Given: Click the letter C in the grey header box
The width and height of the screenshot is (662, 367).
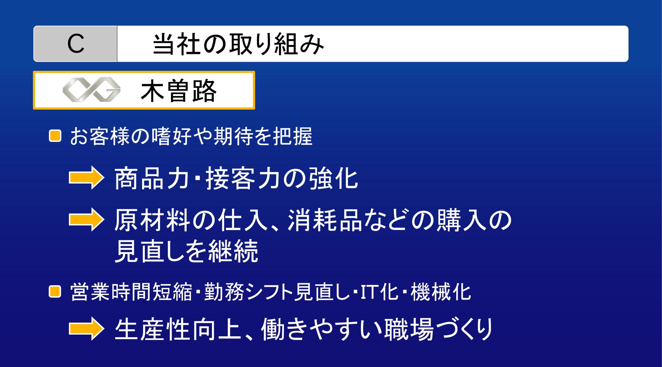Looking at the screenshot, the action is pos(76,44).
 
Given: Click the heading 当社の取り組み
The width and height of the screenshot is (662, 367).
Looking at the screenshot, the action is pos(239,44).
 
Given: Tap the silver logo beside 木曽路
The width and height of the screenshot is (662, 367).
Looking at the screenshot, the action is pos(92,90).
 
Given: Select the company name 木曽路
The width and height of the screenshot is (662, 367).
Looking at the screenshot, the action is pos(178,91).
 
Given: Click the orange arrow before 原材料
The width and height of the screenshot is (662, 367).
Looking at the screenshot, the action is pos(85,221).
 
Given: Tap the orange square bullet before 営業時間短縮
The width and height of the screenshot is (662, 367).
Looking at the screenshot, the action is pos(55,292).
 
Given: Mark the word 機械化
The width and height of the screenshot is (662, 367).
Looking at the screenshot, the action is pos(441,292).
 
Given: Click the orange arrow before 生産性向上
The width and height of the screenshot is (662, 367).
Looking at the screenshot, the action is pos(85,329).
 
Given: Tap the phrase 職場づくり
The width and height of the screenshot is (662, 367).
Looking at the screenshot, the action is pos(438,329).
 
